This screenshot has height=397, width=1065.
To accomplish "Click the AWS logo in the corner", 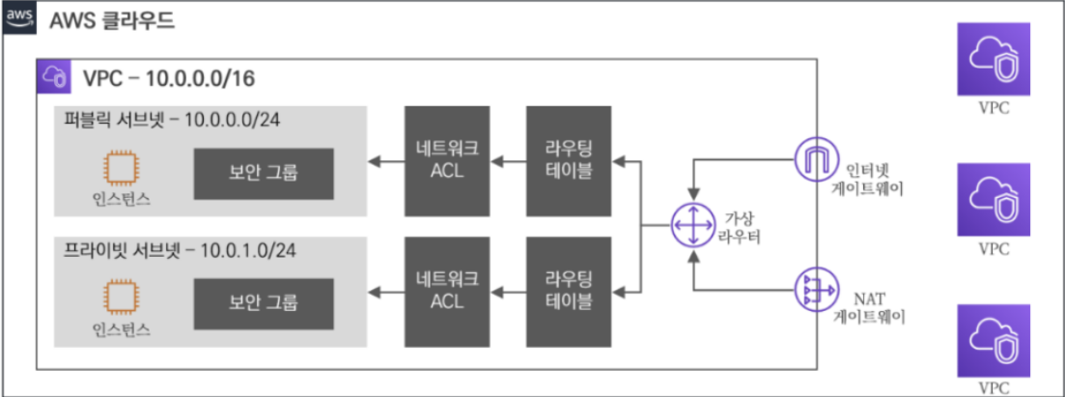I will [18, 18].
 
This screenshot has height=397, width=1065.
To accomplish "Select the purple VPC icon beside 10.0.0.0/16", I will [53, 75].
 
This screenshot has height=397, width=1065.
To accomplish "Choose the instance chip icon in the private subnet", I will [119, 296].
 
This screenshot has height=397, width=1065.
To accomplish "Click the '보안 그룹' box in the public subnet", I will [264, 174].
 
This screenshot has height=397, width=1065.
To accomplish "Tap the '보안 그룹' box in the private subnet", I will [264, 301].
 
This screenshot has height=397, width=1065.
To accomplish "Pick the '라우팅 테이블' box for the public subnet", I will [569, 161].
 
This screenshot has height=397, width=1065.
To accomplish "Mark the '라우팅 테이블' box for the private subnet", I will [569, 290].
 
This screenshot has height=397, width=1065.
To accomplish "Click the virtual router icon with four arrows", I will [692, 225].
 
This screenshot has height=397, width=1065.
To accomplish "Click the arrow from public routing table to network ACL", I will [509, 161].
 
